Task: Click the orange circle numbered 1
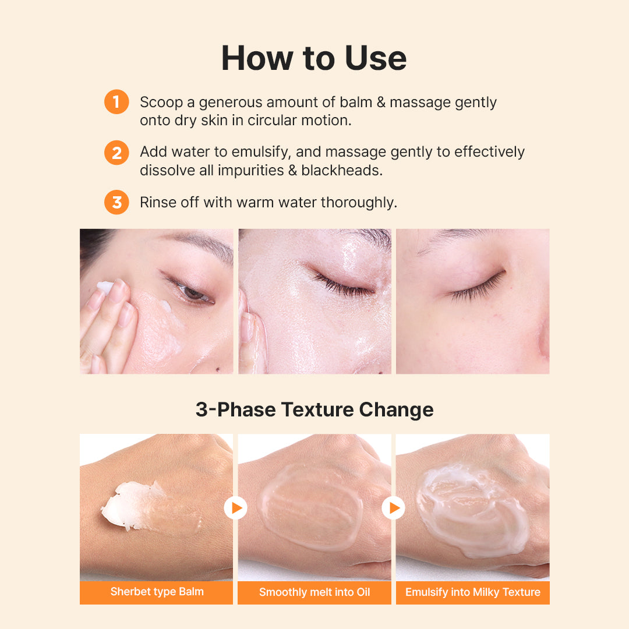(116, 102)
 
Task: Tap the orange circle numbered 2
(116, 153)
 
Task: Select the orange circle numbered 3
(116, 202)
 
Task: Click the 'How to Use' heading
(314, 58)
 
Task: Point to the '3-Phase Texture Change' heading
(314, 409)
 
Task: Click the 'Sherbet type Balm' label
(157, 592)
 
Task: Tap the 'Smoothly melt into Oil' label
(314, 592)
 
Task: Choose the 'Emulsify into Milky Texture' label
(472, 592)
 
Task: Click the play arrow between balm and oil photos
(235, 508)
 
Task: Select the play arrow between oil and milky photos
(393, 508)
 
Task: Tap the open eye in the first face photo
(192, 292)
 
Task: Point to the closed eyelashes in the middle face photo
(343, 285)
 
